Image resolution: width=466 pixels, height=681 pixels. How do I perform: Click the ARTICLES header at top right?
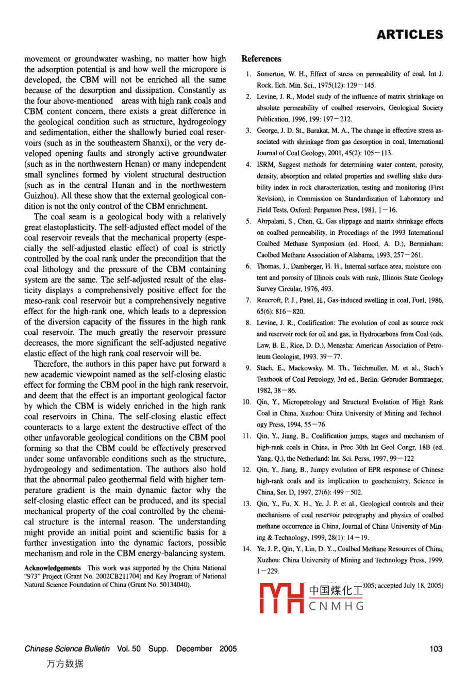[x=410, y=35]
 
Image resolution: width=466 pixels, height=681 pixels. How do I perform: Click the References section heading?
[x=261, y=59]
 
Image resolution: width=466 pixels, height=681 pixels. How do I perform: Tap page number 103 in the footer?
[x=436, y=648]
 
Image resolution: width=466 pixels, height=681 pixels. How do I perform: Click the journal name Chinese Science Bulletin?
[x=67, y=648]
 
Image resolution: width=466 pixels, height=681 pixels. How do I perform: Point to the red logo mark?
[x=281, y=598]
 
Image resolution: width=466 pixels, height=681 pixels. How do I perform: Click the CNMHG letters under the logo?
[x=337, y=606]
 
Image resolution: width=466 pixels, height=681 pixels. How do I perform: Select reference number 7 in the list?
[x=248, y=300]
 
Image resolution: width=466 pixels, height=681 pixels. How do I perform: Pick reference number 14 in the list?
[x=247, y=548]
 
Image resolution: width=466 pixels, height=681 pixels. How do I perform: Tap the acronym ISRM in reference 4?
[x=265, y=165]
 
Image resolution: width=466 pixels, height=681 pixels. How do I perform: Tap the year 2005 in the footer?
[x=228, y=648]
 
